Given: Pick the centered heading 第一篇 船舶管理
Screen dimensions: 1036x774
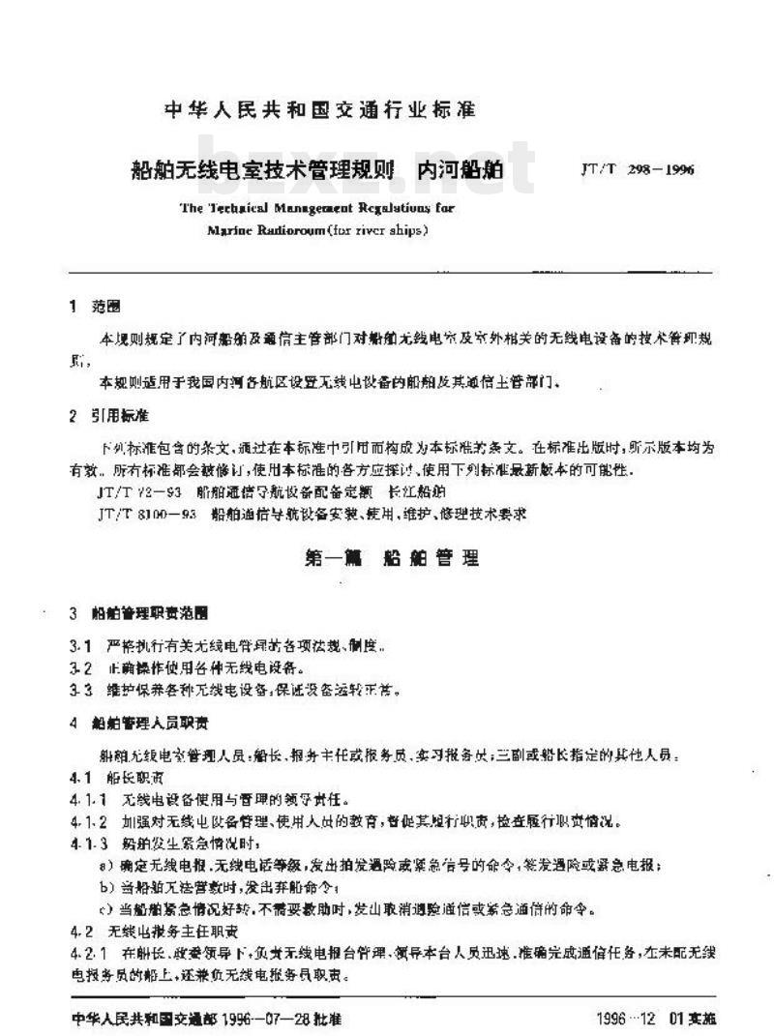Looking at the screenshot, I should pyautogui.click(x=392, y=559).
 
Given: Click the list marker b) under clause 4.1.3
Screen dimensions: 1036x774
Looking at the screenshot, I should pyautogui.click(x=107, y=887).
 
